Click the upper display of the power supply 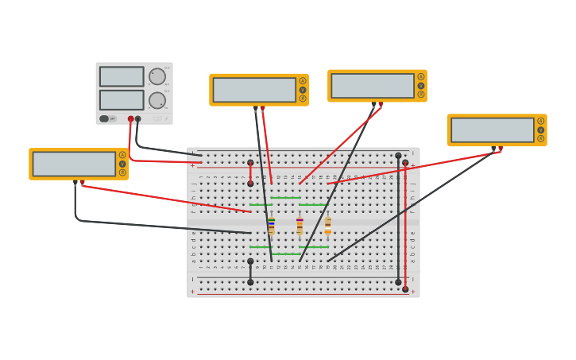[x=122, y=76]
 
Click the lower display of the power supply [x=122, y=100]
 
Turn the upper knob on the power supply [x=157, y=76]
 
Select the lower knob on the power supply [x=157, y=100]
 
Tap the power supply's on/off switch [x=104, y=118]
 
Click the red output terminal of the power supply [x=131, y=119]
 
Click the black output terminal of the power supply [x=138, y=119]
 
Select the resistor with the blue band [x=272, y=226]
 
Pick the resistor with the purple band [x=300, y=226]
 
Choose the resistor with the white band [x=327, y=226]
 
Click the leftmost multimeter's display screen [x=74, y=164]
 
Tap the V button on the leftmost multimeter [x=122, y=164]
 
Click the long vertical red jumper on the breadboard [x=405, y=226]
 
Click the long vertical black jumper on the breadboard [x=398, y=219]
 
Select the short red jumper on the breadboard [x=250, y=173]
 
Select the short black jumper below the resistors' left [x=250, y=271]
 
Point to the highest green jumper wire [x=285, y=197]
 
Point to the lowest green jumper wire [x=285, y=254]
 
